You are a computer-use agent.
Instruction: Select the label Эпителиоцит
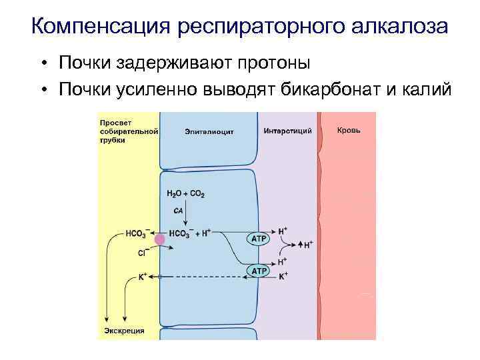[x=209, y=132]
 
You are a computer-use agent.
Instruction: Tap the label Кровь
[x=349, y=130]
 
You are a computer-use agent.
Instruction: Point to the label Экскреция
[x=123, y=330]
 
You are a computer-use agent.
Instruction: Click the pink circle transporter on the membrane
[x=160, y=239]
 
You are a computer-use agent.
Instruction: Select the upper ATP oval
[x=259, y=238]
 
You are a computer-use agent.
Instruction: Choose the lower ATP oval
[x=259, y=271]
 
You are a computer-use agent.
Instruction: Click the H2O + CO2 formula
[x=185, y=194]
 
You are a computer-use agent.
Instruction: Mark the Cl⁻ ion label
[x=143, y=253]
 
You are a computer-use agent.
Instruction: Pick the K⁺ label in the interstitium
[x=283, y=275]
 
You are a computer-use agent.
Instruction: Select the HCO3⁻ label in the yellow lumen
[x=137, y=233]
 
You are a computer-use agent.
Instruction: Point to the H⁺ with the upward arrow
[x=307, y=245]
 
